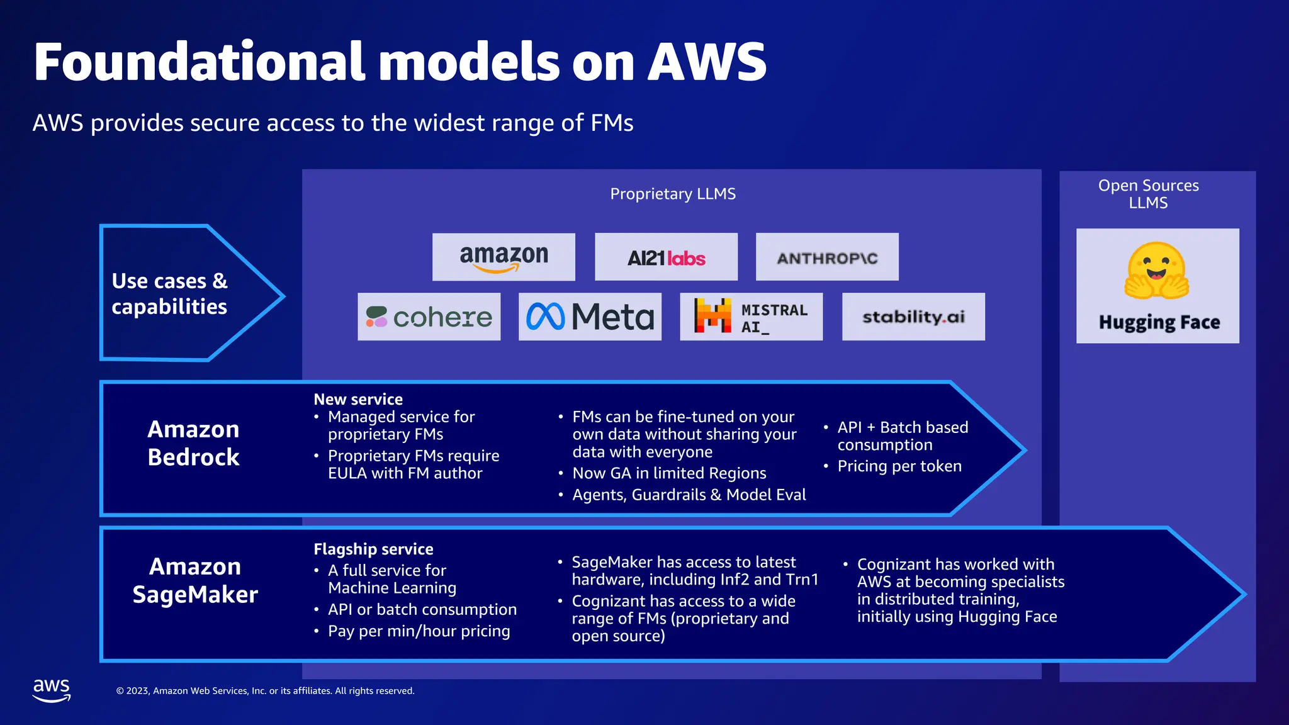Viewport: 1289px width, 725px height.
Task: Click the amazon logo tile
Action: [x=504, y=257]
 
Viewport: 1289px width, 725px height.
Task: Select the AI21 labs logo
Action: [x=666, y=257]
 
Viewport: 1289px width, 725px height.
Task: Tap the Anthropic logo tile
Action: [x=827, y=257]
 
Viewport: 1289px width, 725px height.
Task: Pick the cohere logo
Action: [x=429, y=317]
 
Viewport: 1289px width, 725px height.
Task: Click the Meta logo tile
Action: [x=590, y=317]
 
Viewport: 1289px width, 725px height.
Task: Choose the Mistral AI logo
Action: [x=751, y=317]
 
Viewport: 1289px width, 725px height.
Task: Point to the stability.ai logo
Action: [x=913, y=317]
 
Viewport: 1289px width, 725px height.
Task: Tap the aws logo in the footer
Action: [x=52, y=690]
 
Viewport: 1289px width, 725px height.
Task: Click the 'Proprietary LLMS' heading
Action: [x=673, y=194]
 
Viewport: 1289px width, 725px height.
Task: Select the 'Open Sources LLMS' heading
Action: [x=1149, y=194]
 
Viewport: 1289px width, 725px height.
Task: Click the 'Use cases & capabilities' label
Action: [x=169, y=293]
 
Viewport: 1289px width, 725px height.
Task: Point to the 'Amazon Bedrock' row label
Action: [x=193, y=443]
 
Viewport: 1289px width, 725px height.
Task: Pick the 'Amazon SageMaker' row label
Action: [x=195, y=580]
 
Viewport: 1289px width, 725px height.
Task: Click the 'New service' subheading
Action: [x=358, y=399]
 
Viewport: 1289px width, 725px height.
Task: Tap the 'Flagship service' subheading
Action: [x=373, y=549]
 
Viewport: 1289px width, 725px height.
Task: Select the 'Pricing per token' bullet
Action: [x=899, y=466]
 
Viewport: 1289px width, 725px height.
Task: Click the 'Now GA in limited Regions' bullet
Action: [x=669, y=473]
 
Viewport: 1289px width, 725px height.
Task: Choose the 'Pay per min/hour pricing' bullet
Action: [x=419, y=631]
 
